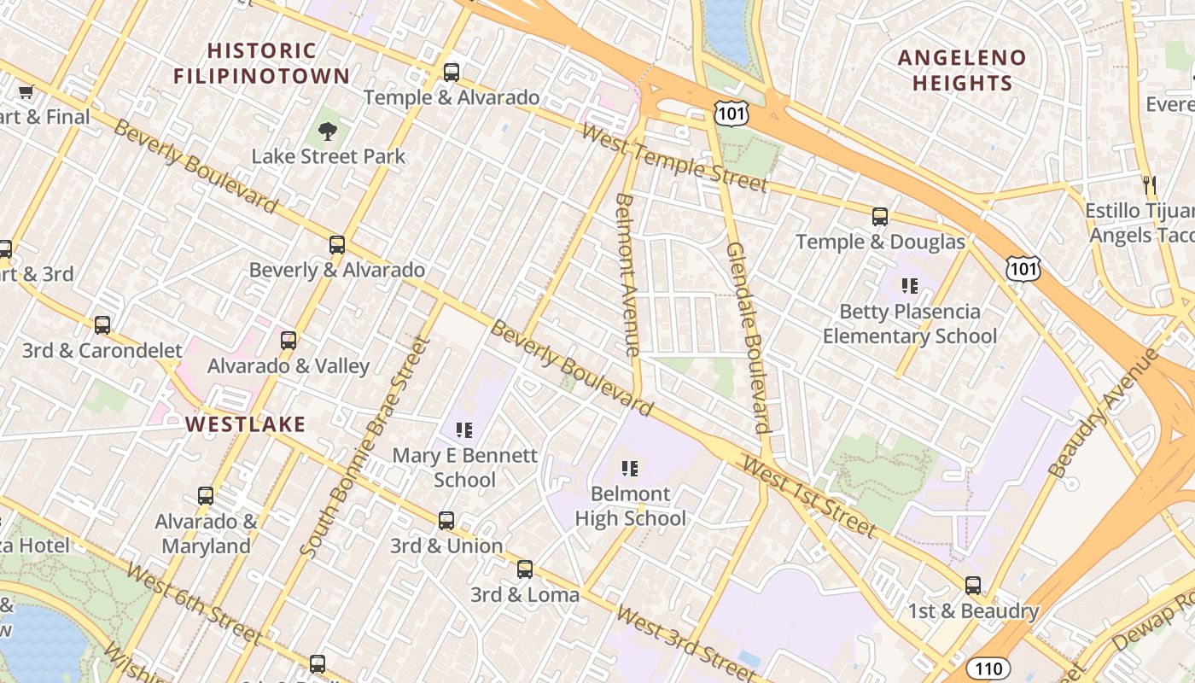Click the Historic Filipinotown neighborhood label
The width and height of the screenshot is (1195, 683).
click(261, 63)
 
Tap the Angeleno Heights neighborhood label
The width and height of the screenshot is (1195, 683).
click(962, 71)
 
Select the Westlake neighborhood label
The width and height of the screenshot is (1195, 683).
click(245, 424)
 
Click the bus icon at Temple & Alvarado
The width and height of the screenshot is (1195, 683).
click(451, 73)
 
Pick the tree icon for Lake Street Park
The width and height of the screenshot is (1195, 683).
click(327, 131)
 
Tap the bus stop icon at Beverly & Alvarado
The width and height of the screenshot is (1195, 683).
click(337, 245)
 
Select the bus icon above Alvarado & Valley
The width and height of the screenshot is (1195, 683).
click(289, 341)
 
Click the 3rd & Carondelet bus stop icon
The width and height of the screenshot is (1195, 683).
click(102, 325)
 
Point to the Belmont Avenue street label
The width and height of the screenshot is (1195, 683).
click(627, 275)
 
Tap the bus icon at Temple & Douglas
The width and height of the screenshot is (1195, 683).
click(880, 217)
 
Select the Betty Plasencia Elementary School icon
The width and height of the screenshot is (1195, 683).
click(910, 286)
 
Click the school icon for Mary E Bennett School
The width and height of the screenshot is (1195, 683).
click(464, 429)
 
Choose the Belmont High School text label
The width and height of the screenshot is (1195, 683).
click(631, 506)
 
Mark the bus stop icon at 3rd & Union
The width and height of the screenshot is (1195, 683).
click(446, 520)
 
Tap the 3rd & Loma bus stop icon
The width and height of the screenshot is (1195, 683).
click(525, 569)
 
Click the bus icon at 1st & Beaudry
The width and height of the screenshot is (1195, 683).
click(972, 586)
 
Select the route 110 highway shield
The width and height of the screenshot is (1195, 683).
click(988, 668)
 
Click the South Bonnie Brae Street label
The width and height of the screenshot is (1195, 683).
click(364, 448)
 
